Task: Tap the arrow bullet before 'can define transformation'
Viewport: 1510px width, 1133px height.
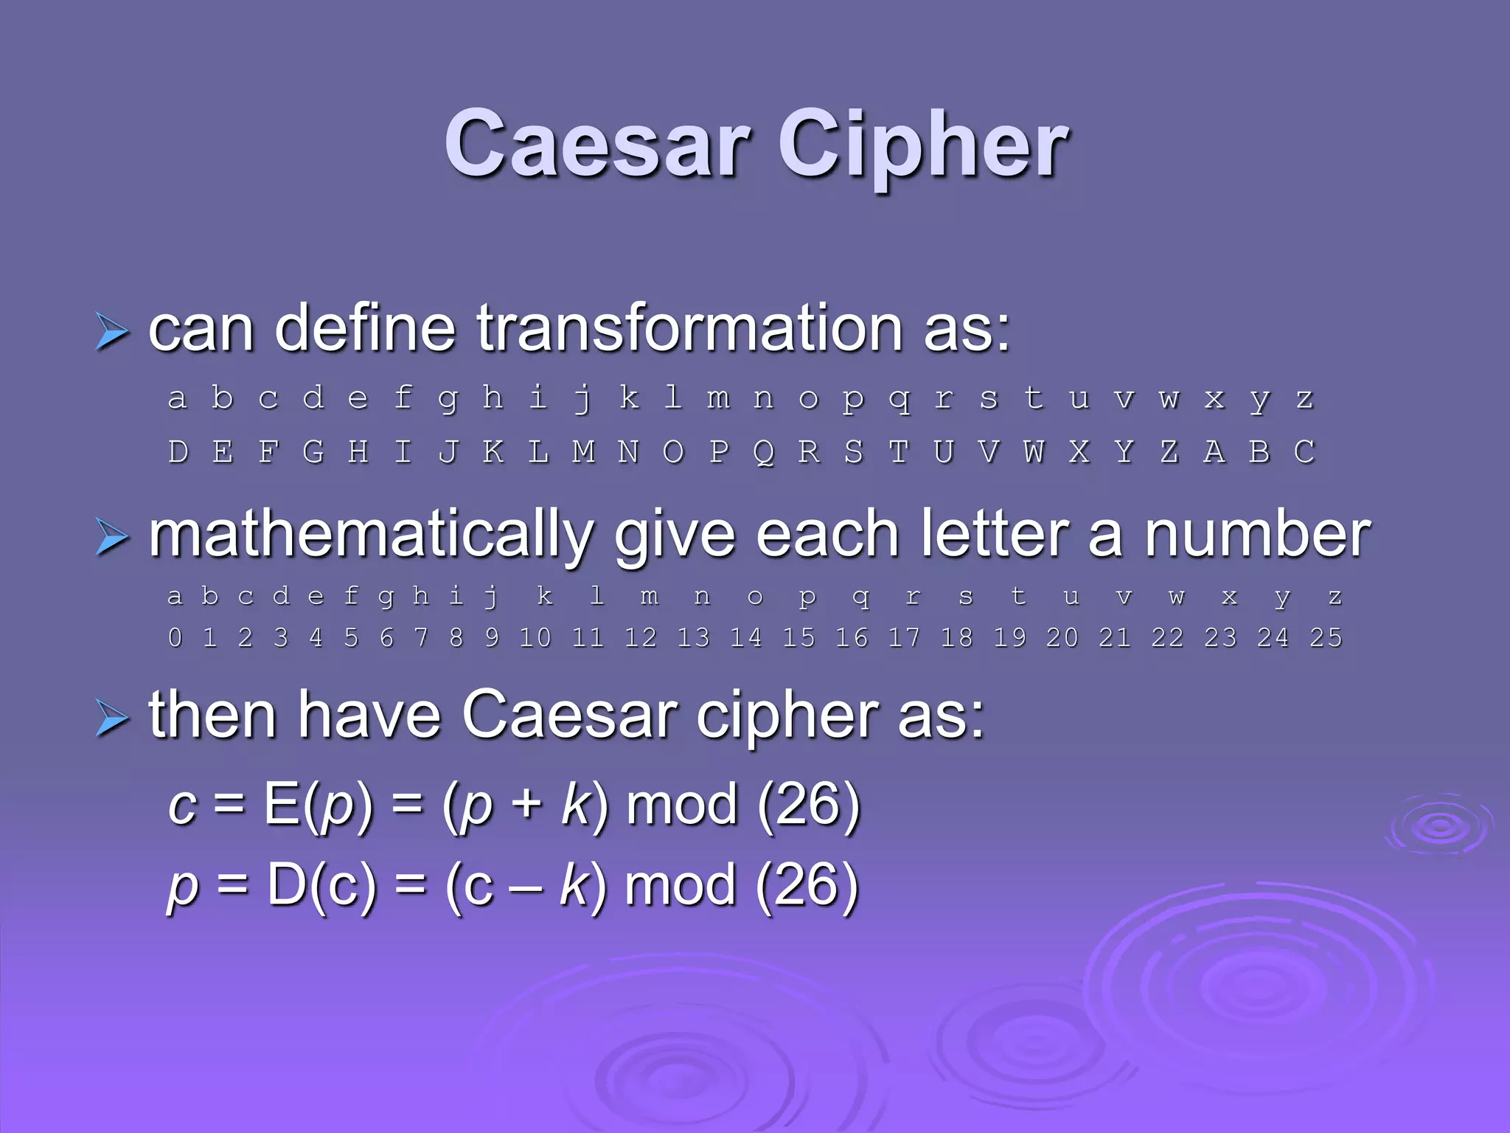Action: pos(112,330)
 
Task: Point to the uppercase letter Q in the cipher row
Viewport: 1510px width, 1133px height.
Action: pos(764,452)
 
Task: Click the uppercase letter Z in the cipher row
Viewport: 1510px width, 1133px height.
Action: pos(1169,452)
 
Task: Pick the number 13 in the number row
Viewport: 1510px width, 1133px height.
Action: pos(693,637)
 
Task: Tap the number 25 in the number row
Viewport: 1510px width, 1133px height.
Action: pos(1326,637)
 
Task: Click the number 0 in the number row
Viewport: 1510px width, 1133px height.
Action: pos(175,637)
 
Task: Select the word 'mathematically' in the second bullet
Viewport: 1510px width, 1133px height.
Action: pos(371,536)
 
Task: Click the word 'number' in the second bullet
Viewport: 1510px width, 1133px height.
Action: pos(1257,534)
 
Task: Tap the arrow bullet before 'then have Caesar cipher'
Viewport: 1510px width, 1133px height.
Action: pos(112,718)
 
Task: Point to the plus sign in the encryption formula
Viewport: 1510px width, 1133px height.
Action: pos(526,804)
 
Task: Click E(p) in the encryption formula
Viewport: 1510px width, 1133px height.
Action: pos(318,804)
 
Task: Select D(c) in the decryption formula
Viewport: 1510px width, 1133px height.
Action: pos(321,884)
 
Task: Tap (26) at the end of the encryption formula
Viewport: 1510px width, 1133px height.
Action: pos(809,804)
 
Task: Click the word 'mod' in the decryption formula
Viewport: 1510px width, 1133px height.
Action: pos(680,884)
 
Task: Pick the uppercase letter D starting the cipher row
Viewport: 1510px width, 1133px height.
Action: pos(178,452)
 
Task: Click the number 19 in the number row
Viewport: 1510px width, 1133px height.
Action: pos(1009,637)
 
